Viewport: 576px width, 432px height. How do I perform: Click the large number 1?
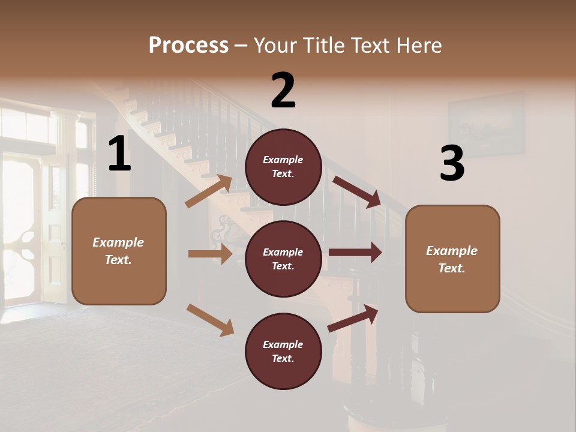[x=119, y=154]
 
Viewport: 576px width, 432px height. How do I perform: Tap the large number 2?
[x=283, y=91]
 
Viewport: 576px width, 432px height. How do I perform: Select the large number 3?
[x=452, y=163]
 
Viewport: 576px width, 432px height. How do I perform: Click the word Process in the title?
[x=188, y=45]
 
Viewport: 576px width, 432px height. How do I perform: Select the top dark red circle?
[x=283, y=167]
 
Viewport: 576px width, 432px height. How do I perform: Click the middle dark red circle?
[x=283, y=259]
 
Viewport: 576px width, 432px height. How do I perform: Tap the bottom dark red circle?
[x=283, y=351]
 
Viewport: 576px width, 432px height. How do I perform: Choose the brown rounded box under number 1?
[x=119, y=251]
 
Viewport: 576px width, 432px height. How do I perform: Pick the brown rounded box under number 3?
[x=452, y=259]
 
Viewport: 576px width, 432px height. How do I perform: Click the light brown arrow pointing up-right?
[x=209, y=191]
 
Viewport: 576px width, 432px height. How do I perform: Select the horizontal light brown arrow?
[x=210, y=254]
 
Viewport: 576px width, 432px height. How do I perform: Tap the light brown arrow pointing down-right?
[x=210, y=320]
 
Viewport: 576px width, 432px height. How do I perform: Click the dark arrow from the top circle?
[x=356, y=192]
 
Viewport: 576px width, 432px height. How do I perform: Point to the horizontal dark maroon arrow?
[x=355, y=253]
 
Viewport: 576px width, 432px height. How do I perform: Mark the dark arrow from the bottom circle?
[x=353, y=319]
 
